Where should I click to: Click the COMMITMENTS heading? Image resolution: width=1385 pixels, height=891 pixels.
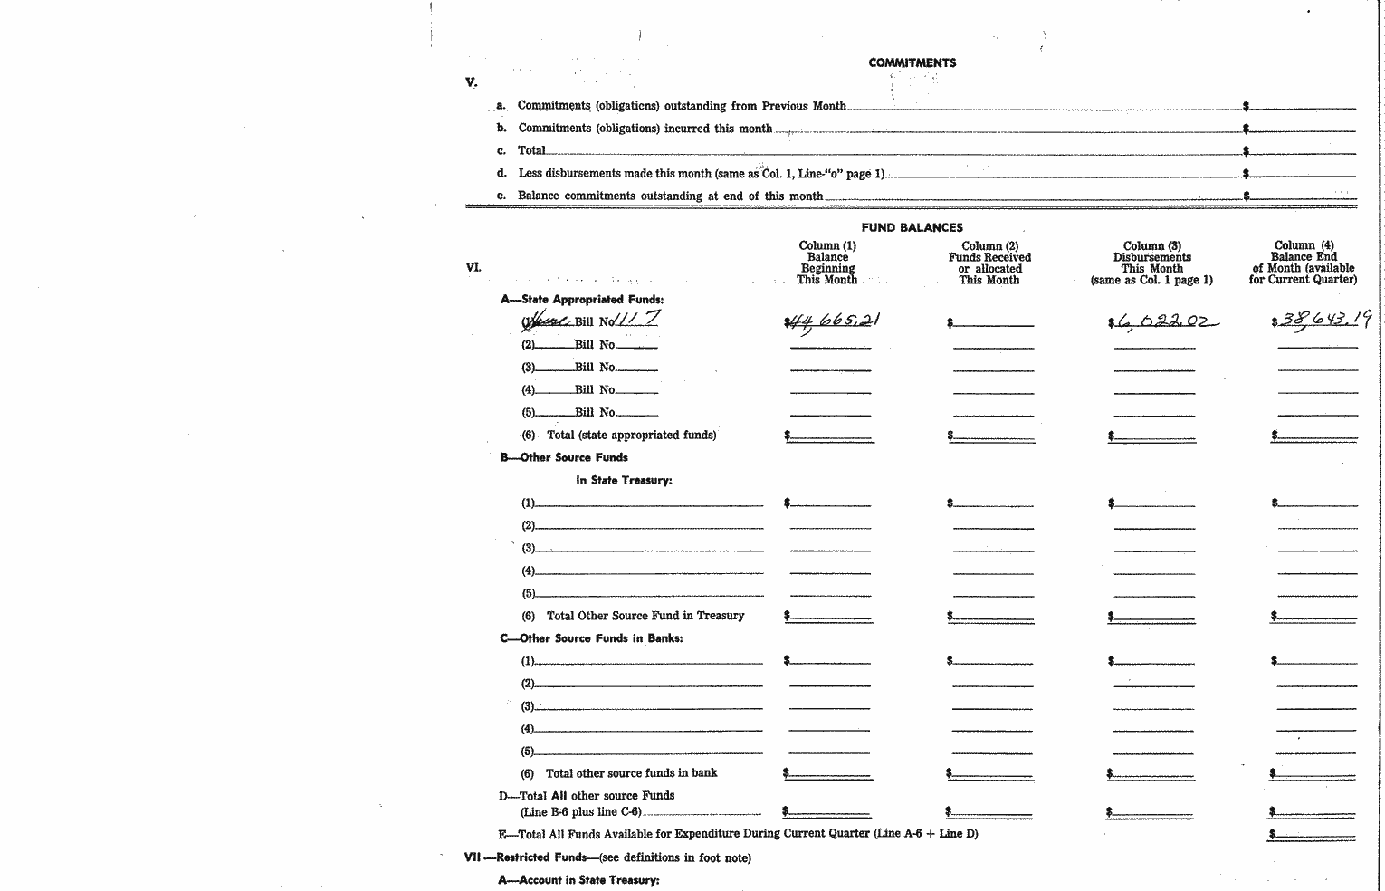click(912, 62)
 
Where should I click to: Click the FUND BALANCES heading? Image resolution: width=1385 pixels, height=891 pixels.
click(912, 227)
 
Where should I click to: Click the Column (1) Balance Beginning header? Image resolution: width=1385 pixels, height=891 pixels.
click(827, 263)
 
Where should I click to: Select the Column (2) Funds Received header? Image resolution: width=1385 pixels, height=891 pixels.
click(989, 263)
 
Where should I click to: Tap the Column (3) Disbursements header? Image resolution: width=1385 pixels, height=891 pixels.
click(1151, 263)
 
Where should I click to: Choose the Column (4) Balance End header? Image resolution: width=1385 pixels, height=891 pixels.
click(1304, 263)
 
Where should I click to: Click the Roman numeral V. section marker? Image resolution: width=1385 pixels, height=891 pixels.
click(471, 82)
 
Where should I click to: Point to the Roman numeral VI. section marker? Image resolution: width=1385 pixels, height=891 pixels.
click(473, 267)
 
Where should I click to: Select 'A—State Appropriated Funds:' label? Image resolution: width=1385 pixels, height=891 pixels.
click(582, 299)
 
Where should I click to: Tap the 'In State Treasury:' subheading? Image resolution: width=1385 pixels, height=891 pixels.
click(624, 480)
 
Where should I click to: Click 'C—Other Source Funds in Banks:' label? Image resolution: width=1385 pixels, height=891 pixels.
click(591, 638)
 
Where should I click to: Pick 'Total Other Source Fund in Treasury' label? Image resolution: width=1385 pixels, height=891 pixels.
click(645, 616)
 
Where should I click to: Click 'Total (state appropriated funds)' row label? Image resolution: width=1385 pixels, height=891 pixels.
click(631, 435)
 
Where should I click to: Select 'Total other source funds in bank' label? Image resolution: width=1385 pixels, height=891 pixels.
click(631, 773)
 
